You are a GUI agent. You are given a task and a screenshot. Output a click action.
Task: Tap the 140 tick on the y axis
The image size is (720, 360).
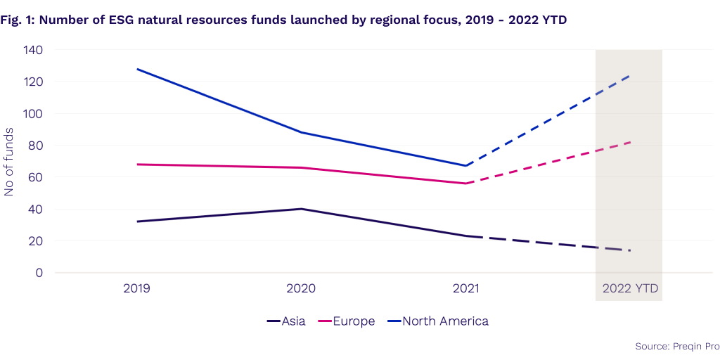click(x=32, y=51)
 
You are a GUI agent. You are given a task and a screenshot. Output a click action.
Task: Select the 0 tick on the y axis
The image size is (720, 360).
click(x=39, y=273)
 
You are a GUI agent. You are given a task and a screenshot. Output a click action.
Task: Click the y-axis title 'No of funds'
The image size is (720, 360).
click(x=9, y=162)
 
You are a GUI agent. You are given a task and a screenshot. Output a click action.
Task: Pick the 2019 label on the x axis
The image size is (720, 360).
click(x=137, y=288)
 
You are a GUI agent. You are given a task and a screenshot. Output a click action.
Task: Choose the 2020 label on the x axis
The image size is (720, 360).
click(x=301, y=288)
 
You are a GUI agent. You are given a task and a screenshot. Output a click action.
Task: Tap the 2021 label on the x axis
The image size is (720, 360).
click(x=465, y=288)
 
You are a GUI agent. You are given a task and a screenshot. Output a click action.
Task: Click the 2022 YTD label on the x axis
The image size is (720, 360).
click(x=630, y=288)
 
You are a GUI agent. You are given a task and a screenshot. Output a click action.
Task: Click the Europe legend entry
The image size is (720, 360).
click(x=349, y=321)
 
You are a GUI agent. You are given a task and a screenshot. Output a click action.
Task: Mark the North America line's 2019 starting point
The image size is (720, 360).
click(x=137, y=69)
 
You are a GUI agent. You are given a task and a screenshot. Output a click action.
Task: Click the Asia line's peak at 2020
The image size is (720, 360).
click(x=301, y=209)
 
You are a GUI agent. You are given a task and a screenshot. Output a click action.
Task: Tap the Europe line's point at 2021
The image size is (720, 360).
click(x=465, y=184)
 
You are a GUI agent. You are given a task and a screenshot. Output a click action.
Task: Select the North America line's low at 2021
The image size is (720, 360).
click(x=465, y=166)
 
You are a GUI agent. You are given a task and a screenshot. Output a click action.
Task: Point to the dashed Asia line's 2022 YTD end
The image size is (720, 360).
click(x=630, y=250)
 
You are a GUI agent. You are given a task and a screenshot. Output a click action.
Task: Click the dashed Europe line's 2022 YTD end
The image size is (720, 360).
click(x=630, y=142)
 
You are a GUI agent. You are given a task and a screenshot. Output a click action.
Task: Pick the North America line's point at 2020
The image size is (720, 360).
click(x=301, y=132)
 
